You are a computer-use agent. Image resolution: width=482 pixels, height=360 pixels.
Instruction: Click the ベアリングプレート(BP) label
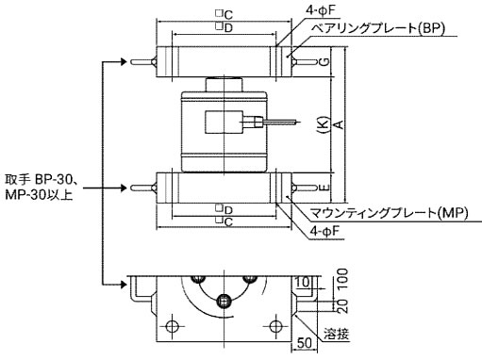click(x=378, y=28)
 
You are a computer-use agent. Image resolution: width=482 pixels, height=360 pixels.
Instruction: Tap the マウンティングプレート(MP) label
click(x=389, y=213)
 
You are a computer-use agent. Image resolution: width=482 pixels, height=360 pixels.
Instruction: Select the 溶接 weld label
click(x=337, y=334)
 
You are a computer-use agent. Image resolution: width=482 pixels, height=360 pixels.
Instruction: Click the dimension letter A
click(x=339, y=124)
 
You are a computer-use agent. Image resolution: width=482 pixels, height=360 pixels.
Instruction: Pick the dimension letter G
click(x=324, y=61)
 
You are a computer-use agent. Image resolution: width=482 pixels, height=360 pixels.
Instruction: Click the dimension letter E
click(x=324, y=188)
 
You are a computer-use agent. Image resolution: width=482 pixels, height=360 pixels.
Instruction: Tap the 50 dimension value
click(x=305, y=343)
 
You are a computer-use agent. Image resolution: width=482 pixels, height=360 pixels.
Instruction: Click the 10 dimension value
click(x=303, y=282)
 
